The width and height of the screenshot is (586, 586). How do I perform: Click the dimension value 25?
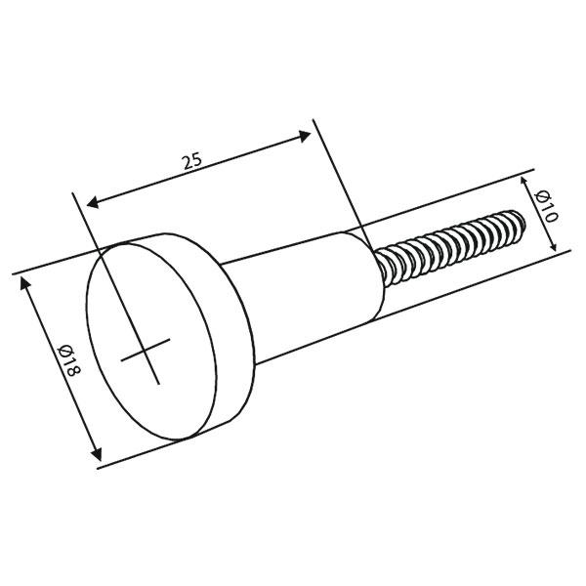pos(191,161)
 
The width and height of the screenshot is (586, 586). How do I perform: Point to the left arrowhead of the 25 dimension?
pos(90,203)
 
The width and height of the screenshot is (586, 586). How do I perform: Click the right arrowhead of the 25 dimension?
pos(305,138)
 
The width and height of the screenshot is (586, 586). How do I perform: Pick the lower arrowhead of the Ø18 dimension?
pos(96,455)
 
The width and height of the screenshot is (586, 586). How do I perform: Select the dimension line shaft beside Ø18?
pos(59,366)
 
